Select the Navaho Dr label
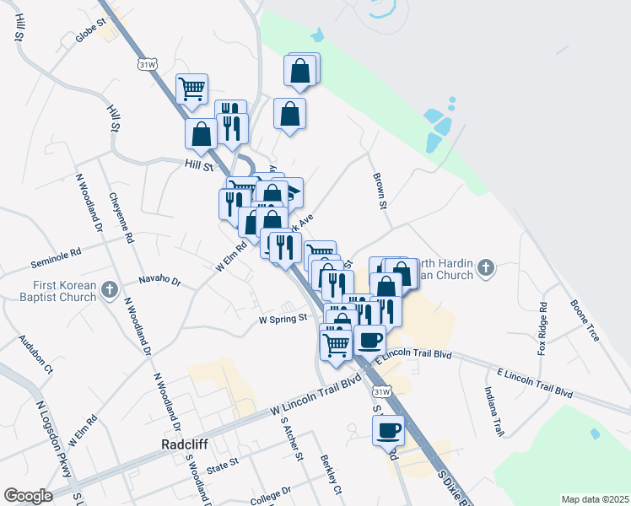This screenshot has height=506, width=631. click(159, 279)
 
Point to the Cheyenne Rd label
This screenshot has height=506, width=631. click(121, 218)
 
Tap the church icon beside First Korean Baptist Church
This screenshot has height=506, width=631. click(109, 291)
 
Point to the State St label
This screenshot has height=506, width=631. click(224, 463)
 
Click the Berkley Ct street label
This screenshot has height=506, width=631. click(331, 476)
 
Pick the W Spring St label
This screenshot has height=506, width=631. click(282, 320)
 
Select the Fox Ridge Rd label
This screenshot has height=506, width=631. click(543, 329)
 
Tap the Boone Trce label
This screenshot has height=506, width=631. click(584, 320)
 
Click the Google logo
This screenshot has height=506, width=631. click(28, 496)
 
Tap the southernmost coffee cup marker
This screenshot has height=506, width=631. click(388, 430)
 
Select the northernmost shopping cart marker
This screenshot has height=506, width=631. click(192, 88)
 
